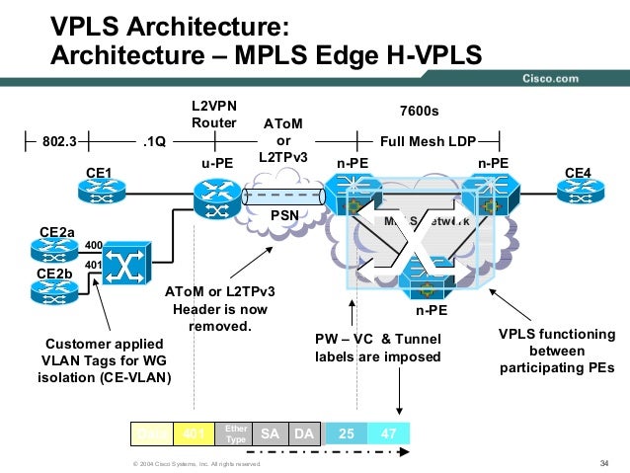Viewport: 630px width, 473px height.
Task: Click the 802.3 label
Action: tap(59, 141)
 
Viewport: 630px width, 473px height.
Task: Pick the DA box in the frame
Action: tap(304, 434)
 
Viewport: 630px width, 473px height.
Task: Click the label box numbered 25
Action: tap(348, 434)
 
